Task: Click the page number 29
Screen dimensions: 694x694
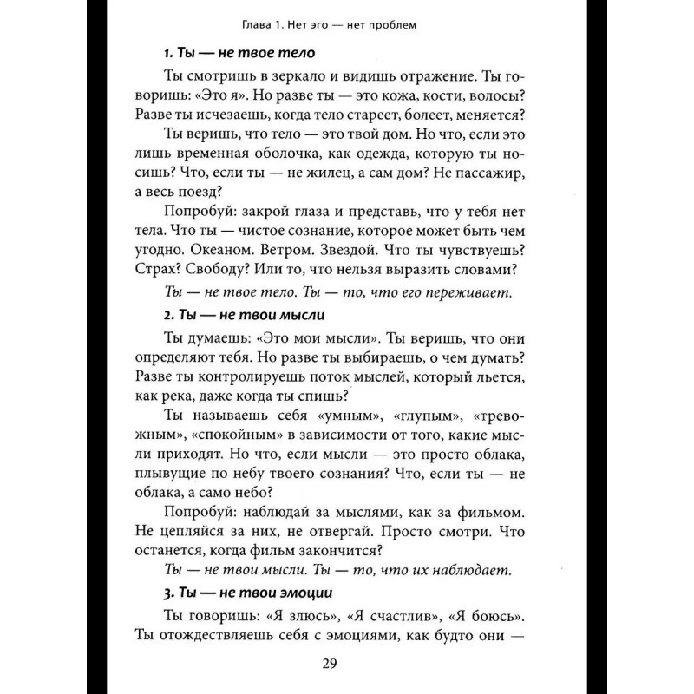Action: [346, 664]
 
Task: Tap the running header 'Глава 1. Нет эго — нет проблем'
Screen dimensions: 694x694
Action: [345, 25]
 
